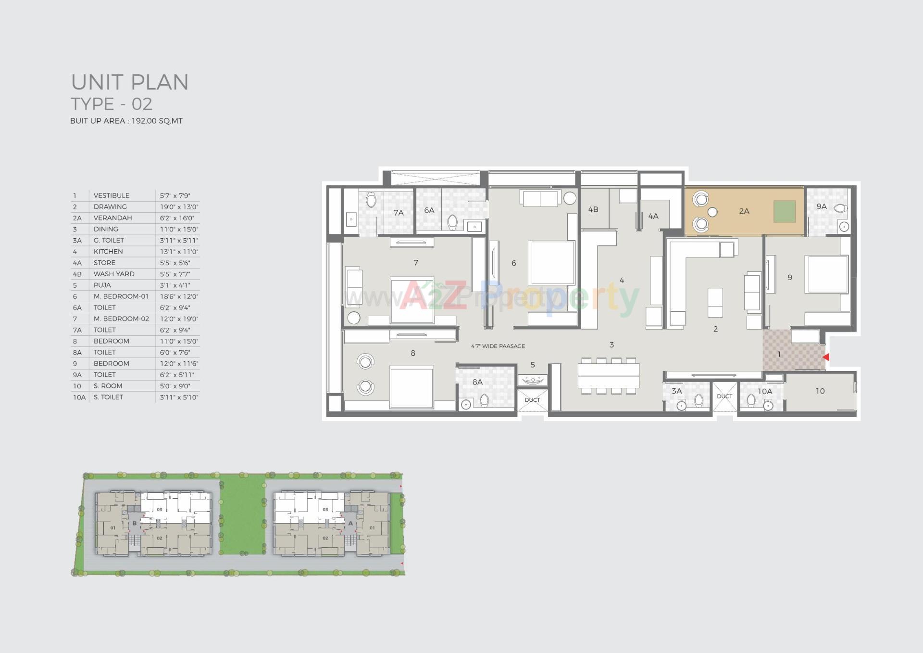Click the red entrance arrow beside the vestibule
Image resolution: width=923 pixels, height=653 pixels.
(x=826, y=358)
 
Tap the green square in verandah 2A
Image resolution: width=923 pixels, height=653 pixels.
(x=785, y=211)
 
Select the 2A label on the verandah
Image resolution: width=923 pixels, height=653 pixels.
(x=744, y=211)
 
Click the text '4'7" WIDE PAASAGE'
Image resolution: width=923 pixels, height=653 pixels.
(x=498, y=346)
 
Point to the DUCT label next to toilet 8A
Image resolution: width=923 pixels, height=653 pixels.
(x=532, y=400)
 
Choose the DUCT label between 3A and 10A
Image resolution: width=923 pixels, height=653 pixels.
(x=724, y=396)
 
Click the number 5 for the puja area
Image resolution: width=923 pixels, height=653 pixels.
(x=533, y=365)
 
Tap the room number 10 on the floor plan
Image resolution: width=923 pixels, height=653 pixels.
(x=820, y=391)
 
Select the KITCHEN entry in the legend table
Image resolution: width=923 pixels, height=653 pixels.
(x=108, y=252)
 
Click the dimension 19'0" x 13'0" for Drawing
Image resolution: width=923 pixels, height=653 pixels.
(x=179, y=207)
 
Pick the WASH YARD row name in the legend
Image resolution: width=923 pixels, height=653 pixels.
(x=114, y=274)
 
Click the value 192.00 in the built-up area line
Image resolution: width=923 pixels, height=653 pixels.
(x=144, y=121)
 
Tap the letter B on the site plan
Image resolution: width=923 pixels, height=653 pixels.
(x=135, y=524)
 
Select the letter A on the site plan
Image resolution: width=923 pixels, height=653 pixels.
(x=350, y=524)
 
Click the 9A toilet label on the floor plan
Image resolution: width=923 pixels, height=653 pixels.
(x=822, y=206)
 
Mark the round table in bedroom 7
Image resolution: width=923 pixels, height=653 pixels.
(x=354, y=318)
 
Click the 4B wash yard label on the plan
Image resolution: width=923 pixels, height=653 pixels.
(x=593, y=210)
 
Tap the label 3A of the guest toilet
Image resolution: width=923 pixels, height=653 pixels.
(x=676, y=391)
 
